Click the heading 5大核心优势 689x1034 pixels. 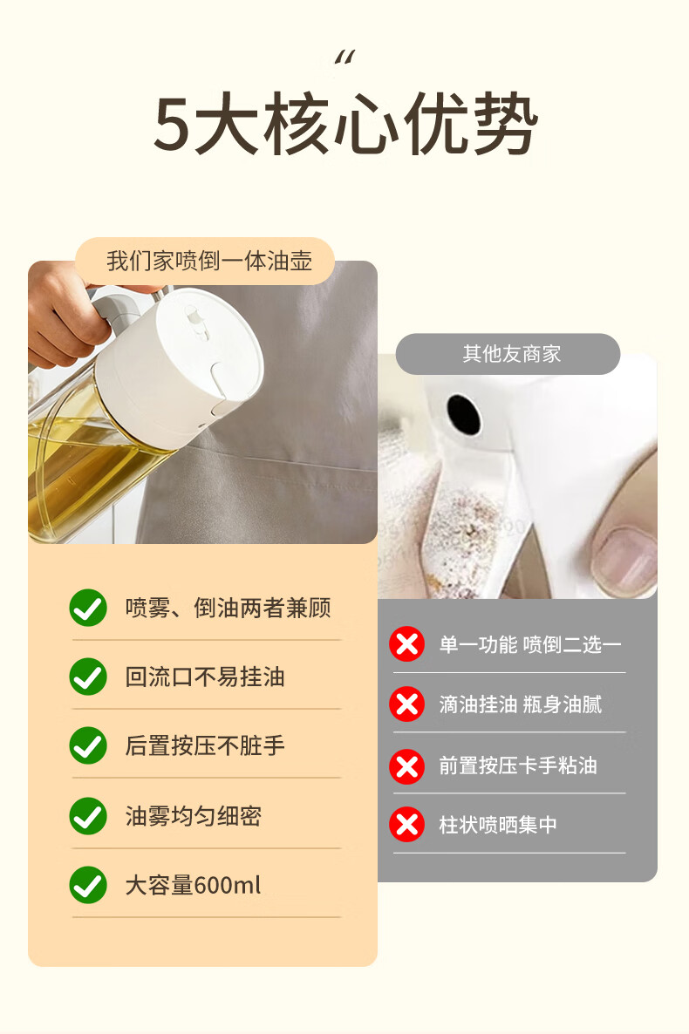345,123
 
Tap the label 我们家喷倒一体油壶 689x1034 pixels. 209,262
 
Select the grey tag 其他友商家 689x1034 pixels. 508,354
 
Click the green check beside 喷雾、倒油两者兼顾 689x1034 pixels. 88,608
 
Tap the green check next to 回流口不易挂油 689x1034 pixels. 88,677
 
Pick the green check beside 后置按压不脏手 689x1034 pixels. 88,745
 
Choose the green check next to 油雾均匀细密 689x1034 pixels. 88,816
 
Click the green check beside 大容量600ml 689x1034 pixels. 88,885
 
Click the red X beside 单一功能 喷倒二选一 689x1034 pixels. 406,643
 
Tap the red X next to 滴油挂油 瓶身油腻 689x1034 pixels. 406,704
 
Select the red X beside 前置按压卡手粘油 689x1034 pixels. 406,766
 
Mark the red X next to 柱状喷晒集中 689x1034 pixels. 406,824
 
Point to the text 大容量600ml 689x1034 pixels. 193,885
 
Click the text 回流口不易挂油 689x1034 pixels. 205,677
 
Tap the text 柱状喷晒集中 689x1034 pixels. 498,824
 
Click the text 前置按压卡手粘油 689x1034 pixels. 518,765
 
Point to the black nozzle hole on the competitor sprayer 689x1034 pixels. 465,414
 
